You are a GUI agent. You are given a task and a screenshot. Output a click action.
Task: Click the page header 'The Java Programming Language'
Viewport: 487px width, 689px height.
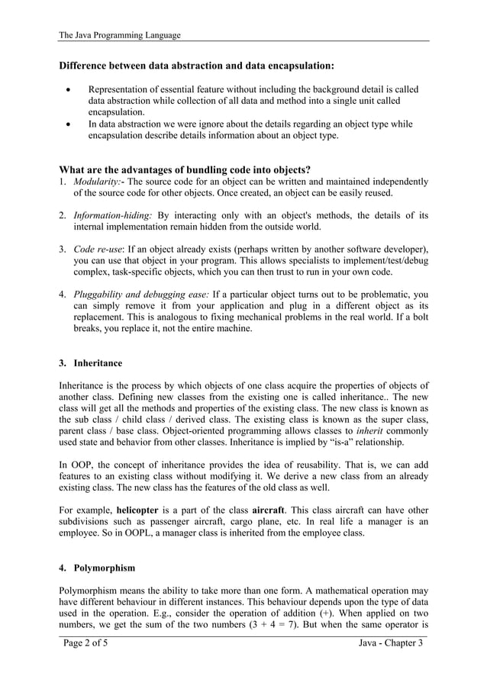[x=120, y=34]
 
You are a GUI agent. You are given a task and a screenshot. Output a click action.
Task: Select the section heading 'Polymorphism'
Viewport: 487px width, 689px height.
[x=102, y=568]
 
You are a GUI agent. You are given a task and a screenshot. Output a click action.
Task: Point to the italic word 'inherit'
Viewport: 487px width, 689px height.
[x=370, y=430]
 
